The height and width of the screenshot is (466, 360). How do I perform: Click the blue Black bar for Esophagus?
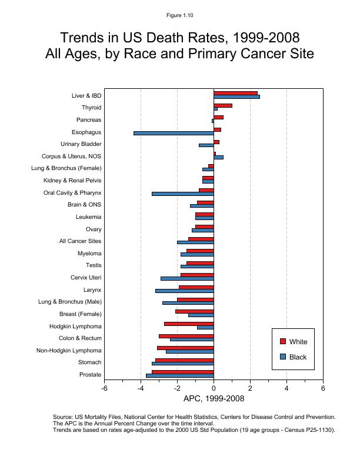174,133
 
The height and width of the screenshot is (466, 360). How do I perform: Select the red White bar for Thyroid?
223,105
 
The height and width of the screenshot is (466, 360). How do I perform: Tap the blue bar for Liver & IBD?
236,96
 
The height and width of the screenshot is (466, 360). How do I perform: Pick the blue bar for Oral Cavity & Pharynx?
182,194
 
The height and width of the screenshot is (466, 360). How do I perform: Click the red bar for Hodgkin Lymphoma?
189,324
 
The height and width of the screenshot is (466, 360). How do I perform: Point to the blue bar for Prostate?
179,375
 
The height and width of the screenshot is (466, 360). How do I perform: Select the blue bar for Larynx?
184,291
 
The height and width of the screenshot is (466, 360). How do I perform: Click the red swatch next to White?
282,342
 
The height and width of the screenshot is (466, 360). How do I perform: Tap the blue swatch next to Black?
282,357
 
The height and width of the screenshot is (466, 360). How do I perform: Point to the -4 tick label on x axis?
141,388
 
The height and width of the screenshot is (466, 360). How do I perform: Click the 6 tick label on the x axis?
323,388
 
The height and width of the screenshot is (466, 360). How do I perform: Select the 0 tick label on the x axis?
214,388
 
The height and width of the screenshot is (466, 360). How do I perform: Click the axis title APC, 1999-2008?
214,399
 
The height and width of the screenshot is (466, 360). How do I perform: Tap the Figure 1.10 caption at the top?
180,14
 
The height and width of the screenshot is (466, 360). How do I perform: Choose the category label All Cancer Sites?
80,241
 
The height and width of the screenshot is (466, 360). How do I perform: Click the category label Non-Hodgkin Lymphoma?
69,351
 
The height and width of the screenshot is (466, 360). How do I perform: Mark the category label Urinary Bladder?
81,144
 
